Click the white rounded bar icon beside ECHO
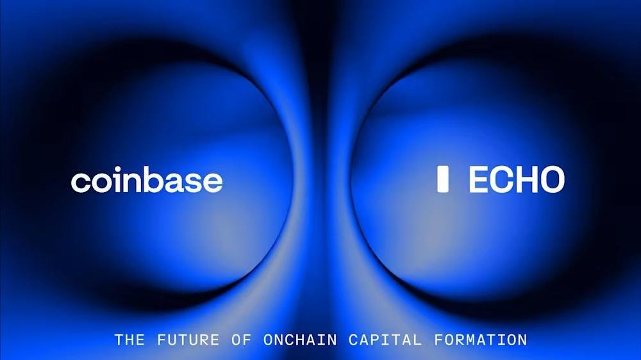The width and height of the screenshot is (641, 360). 442,180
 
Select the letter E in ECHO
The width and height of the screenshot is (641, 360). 479,180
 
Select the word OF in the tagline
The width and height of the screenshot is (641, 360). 242,340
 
